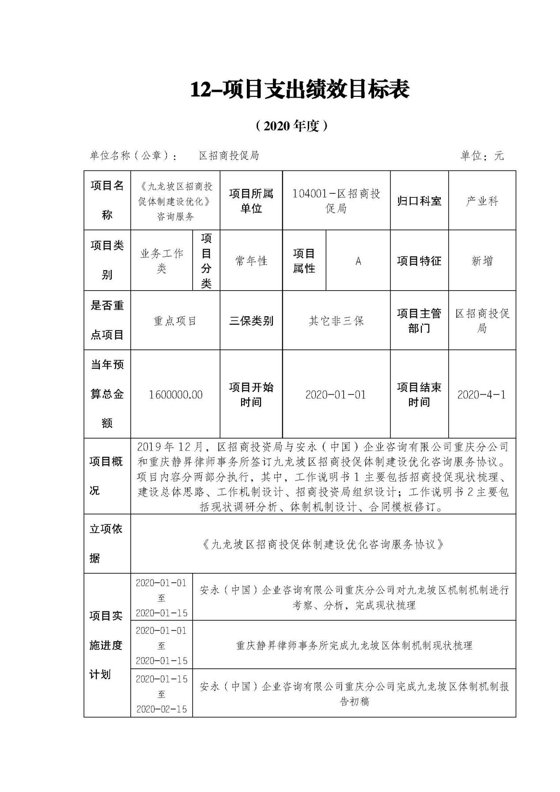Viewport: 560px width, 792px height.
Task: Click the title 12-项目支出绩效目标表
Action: (x=300, y=90)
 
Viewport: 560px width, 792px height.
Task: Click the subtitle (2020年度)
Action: (x=292, y=126)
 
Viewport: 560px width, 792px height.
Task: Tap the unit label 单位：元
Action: (x=481, y=155)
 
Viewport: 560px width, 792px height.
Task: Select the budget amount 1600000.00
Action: (x=175, y=394)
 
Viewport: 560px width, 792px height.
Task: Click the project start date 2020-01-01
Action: (x=336, y=394)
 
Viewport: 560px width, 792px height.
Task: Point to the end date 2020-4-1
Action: (x=481, y=394)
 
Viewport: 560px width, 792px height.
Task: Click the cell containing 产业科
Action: (x=482, y=201)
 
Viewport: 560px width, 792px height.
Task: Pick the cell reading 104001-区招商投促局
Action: (x=336, y=201)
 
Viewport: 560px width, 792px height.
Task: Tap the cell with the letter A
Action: (x=358, y=261)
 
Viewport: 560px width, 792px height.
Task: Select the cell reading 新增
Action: (x=482, y=261)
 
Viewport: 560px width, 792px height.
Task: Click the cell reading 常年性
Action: (x=251, y=261)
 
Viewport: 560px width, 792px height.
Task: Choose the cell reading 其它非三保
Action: (x=336, y=321)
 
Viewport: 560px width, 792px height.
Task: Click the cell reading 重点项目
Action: (x=175, y=321)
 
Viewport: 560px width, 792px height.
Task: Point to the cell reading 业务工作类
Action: (x=162, y=261)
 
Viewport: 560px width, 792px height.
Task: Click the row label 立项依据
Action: (x=106, y=544)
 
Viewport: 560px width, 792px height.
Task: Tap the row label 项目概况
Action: (x=106, y=476)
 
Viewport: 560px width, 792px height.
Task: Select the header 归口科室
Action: (x=419, y=201)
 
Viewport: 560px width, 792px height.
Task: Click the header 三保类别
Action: (x=251, y=321)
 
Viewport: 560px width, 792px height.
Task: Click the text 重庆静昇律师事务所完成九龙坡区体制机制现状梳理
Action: (x=354, y=646)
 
